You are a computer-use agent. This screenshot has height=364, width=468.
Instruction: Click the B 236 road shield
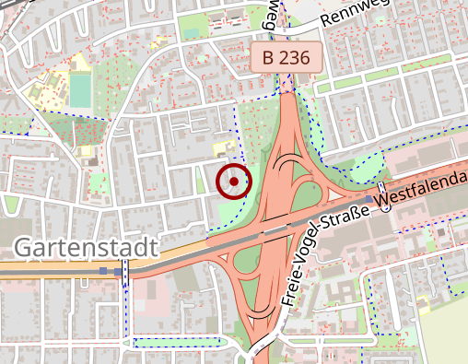tap(287, 57)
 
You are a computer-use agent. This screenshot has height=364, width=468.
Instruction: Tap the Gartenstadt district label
tap(86, 248)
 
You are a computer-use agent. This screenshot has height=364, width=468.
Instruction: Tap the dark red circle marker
tap(234, 182)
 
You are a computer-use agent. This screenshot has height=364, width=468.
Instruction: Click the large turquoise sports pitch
tap(80, 90)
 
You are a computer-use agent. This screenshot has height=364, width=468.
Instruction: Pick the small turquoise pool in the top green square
tap(191, 33)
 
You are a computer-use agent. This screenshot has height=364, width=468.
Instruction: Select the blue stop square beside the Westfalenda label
tap(369, 199)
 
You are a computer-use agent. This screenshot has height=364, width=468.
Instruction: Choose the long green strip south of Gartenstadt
tap(175, 343)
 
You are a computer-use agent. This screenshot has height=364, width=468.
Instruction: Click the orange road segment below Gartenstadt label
tap(55, 269)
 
